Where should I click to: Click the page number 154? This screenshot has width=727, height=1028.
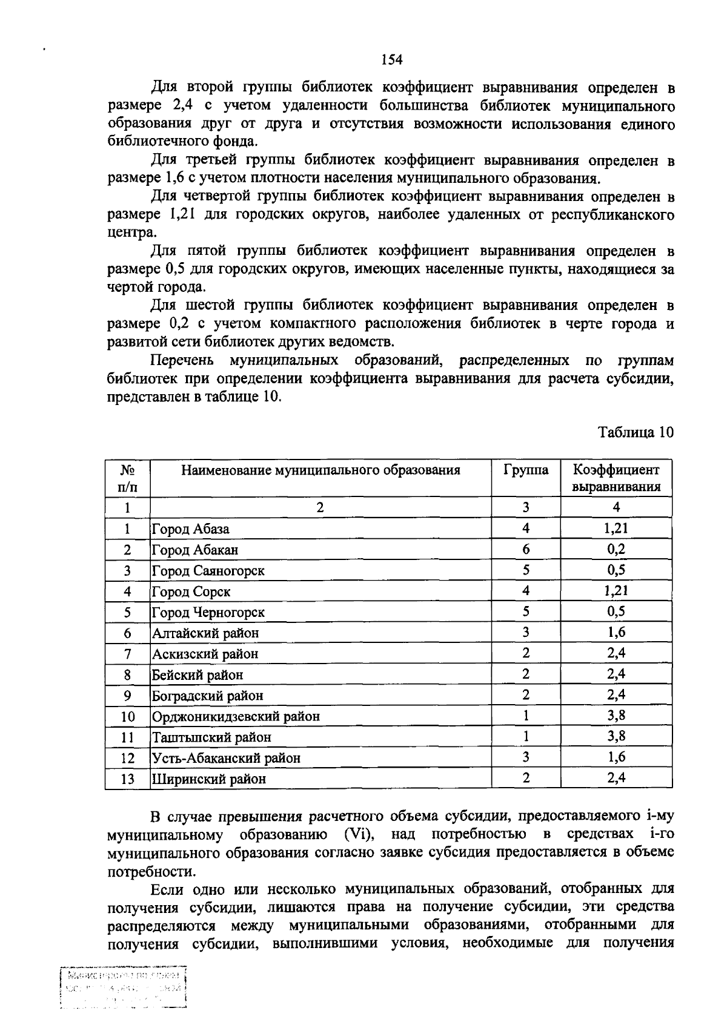click(x=392, y=59)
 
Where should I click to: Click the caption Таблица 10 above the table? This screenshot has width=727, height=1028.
click(x=635, y=432)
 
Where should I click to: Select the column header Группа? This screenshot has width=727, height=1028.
click(x=525, y=470)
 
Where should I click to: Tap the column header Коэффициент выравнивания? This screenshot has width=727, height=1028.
click(x=616, y=478)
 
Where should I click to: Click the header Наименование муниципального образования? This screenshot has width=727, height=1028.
click(x=320, y=470)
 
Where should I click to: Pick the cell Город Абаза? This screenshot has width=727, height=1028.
click(x=191, y=529)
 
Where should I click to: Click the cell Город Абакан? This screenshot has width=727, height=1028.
click(x=195, y=550)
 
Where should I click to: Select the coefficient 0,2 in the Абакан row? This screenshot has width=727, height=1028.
click(x=616, y=549)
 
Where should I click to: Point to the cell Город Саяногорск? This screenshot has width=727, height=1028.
click(x=208, y=571)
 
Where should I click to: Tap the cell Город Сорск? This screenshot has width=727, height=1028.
click(x=191, y=591)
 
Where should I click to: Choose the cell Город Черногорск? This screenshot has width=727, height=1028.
click(x=208, y=612)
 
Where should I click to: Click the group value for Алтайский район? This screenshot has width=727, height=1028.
click(x=525, y=633)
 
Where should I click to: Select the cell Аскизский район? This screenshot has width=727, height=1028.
click(x=205, y=654)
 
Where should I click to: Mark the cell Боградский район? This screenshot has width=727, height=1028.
click(x=208, y=696)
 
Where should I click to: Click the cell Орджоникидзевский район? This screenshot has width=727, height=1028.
click(x=236, y=716)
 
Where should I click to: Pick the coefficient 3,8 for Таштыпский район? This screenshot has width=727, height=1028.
click(x=616, y=736)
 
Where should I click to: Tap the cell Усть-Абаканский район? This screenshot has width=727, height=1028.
click(x=227, y=758)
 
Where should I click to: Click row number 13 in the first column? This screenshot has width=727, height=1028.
click(x=127, y=779)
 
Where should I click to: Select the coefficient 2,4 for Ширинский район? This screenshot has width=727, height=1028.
click(x=616, y=778)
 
